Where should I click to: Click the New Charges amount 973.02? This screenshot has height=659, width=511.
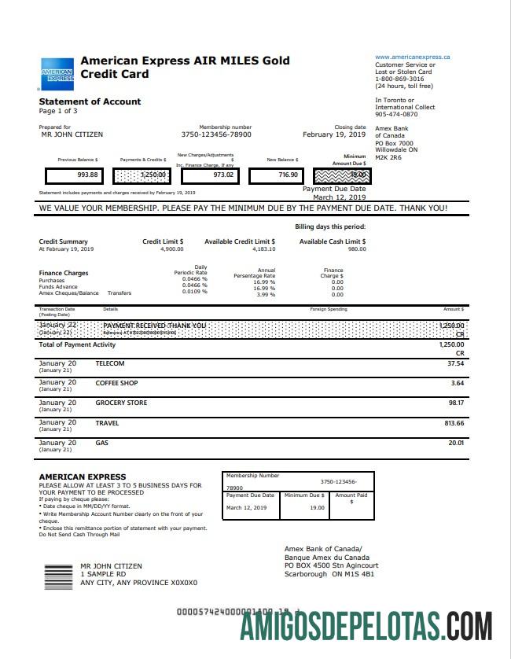pos(224,175)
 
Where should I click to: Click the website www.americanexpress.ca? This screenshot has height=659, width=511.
pos(413,57)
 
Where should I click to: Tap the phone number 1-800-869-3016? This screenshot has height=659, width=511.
pos(399,79)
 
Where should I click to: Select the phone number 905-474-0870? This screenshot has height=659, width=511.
pos(397,114)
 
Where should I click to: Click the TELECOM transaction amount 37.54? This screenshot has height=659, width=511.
pos(455,364)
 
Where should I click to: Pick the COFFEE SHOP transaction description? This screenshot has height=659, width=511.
pos(116,383)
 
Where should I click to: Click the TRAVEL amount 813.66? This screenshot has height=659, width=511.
pos(454,423)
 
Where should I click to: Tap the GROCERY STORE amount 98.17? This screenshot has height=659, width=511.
pos(456,403)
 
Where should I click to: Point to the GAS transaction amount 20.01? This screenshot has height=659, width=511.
pos(456,443)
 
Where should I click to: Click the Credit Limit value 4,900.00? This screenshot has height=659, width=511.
pos(171,249)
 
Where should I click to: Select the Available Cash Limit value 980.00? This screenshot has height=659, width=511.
pos(357,249)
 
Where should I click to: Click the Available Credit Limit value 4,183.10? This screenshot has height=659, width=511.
pos(263,249)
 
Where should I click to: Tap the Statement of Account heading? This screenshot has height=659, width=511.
pos(90,101)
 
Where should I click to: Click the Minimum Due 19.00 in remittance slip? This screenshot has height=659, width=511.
pos(317,508)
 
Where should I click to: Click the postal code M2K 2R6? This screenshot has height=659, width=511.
pos(389,156)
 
